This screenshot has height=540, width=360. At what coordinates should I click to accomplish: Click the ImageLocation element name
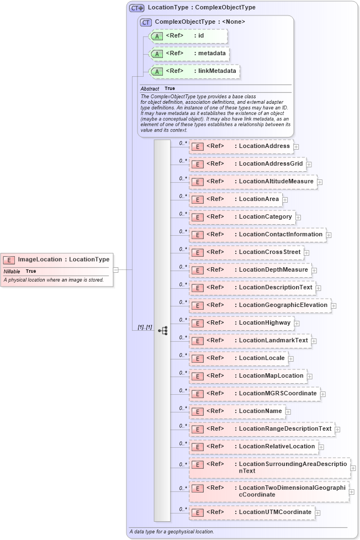coord(40,260)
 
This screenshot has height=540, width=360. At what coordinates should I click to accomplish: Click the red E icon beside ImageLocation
coord(9,260)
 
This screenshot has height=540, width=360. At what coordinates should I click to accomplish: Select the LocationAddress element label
coord(264,146)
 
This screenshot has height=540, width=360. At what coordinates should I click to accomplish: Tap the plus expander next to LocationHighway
coord(297,323)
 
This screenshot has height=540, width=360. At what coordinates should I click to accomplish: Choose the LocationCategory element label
coord(265,216)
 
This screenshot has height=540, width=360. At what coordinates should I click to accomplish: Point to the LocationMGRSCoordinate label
coord(278,393)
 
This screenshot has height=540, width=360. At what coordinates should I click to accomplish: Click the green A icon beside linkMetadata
coord(157,71)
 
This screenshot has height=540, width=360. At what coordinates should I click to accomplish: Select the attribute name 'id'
coord(201,36)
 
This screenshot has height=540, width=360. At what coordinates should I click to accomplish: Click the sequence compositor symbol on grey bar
coord(163,331)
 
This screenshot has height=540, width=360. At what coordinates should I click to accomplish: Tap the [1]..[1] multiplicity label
coord(145,327)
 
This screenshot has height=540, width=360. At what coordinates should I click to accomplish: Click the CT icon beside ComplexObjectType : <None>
coord(146,22)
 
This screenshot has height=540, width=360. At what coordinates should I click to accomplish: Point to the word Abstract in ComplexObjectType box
coord(150,88)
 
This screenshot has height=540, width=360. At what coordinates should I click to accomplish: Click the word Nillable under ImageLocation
coord(12,272)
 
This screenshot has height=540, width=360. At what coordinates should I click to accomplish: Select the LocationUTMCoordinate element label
coord(275,512)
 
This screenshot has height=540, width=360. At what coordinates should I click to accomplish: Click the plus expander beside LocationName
coord(288,411)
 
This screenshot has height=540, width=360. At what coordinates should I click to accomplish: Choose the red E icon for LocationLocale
coord(197,358)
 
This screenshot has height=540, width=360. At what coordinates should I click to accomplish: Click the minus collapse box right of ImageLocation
coord(116,270)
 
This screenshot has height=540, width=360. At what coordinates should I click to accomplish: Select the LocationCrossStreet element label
coord(269,252)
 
